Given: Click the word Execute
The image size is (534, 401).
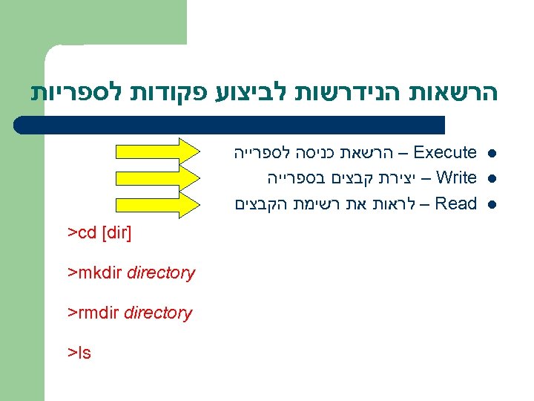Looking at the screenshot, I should tap(445, 153).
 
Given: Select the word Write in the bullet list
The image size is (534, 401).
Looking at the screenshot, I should tap(456, 178).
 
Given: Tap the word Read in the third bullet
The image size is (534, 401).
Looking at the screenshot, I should tap(455, 203).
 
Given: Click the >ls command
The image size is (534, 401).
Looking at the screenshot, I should tap(79, 353).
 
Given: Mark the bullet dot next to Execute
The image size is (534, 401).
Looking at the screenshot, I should tap(492, 154).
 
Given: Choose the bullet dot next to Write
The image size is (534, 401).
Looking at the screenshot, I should tap(492, 179).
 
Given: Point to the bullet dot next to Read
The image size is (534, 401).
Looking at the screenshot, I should tap(492, 203).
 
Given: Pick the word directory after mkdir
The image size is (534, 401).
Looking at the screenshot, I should tap(161, 273).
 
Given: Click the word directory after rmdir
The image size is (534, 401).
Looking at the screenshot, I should tap(158, 313).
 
